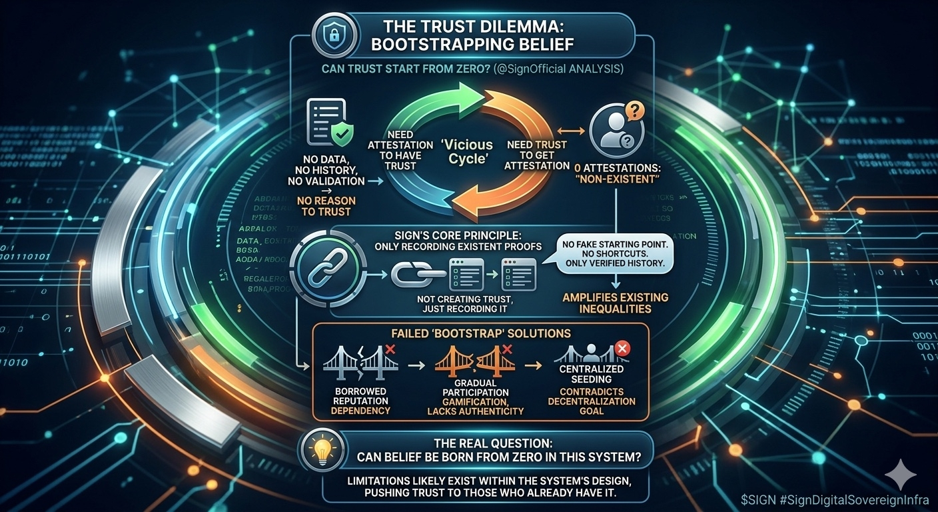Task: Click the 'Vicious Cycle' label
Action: coord(466,151)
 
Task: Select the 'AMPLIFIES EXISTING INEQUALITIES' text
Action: coord(615,303)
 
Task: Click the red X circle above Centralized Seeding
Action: coord(622,347)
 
